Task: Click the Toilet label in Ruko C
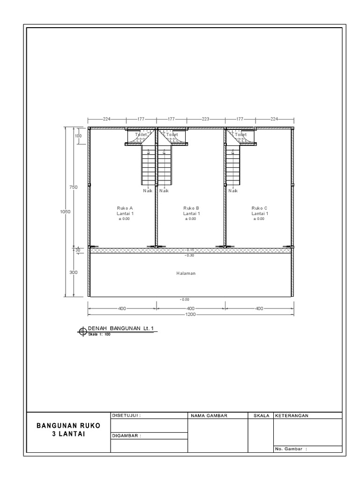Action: tap(240, 135)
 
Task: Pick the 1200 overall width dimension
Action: tap(191, 315)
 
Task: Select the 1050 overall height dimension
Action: tap(65, 211)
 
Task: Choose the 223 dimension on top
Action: tap(206, 119)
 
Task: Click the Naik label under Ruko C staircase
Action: tap(233, 191)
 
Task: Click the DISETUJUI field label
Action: tap(127, 415)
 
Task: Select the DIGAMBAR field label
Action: tap(127, 435)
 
